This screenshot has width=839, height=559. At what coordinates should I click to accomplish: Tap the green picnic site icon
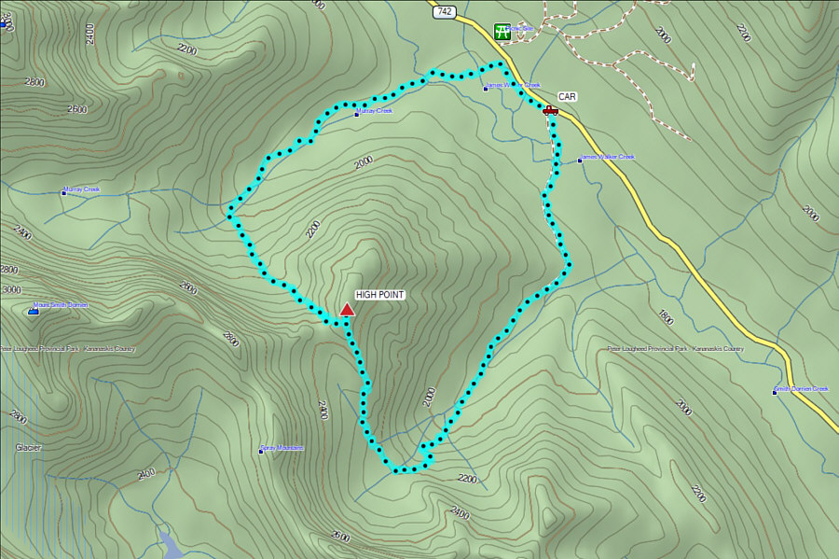coord(502,31)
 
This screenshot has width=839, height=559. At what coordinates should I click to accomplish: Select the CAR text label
coord(567,96)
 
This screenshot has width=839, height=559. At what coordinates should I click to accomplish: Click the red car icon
coord(550,110)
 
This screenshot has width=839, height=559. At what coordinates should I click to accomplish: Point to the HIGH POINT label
coord(379,295)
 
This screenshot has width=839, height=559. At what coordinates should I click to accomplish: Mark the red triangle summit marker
coord(347,310)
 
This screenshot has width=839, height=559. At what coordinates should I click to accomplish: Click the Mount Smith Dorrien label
coord(63,305)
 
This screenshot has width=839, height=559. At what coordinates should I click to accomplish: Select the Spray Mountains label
coord(284,448)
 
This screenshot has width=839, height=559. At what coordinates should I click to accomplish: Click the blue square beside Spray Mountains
coord(261,452)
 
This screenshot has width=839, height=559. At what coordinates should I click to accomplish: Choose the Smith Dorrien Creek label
coord(804,388)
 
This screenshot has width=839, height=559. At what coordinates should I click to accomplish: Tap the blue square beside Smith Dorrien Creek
coord(775,392)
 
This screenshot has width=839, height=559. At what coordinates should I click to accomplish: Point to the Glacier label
coord(28,448)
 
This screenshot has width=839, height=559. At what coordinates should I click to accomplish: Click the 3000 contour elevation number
coord(10,290)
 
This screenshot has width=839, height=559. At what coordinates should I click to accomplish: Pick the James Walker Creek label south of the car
coord(608,157)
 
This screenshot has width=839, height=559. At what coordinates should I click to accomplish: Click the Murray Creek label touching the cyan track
coord(376,111)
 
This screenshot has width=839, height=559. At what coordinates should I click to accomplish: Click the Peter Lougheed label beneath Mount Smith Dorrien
coord(67,349)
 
